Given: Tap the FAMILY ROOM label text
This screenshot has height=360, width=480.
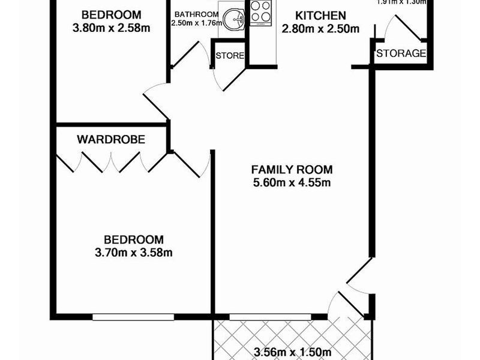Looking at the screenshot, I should [x=292, y=169].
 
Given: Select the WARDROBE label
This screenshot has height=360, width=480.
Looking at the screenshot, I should [x=112, y=140].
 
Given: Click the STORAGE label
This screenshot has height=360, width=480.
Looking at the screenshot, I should [x=401, y=53].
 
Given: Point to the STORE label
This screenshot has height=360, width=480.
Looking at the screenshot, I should [x=230, y=56].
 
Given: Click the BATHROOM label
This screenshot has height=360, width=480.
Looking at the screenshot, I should [x=196, y=14].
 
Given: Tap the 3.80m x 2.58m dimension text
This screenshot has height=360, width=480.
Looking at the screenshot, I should [x=112, y=27].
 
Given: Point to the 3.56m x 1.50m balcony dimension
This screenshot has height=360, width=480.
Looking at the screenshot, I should [x=292, y=352].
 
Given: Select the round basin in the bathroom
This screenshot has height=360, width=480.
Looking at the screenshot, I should [x=230, y=19].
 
